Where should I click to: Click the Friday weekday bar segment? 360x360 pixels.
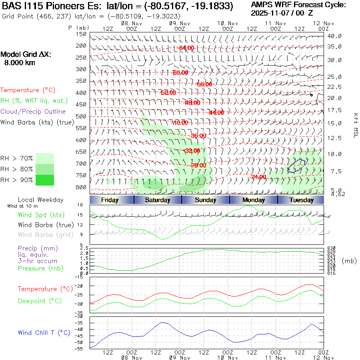point(110,200)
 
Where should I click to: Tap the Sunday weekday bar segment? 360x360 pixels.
point(206,200)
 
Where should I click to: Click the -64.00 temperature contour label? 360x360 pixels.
point(186,48)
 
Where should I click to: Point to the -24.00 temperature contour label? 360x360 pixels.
point(259,177)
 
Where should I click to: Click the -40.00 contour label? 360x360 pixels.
point(180,123)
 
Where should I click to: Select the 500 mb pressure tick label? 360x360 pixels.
point(81,116)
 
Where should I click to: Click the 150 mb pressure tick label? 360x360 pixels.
point(81,34)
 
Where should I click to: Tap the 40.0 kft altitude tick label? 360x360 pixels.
point(334,36)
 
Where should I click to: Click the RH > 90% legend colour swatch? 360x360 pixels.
point(45,180)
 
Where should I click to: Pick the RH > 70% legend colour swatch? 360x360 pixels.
point(45,158)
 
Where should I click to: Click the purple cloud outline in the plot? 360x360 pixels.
point(296,166)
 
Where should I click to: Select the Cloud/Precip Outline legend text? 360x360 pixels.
point(33,112)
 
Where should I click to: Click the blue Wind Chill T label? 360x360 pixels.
point(44,333)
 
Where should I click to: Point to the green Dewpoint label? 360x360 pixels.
point(37,301)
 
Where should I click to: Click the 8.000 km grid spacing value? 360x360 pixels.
point(20,63)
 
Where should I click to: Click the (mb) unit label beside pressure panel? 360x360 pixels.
point(349,261)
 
